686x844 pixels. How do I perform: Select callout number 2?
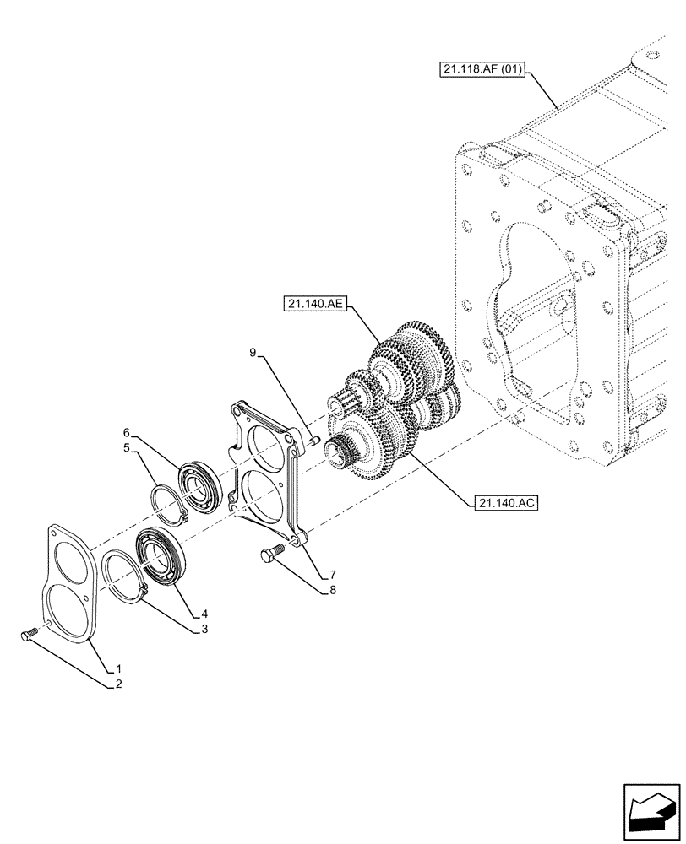click(x=117, y=684)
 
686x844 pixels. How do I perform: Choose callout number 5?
click(x=127, y=448)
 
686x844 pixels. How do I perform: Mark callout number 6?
click(x=128, y=432)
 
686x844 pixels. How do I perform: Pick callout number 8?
click(x=333, y=590)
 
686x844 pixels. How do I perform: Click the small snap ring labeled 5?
click(x=172, y=506)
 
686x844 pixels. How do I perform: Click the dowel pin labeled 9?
click(x=313, y=439)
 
